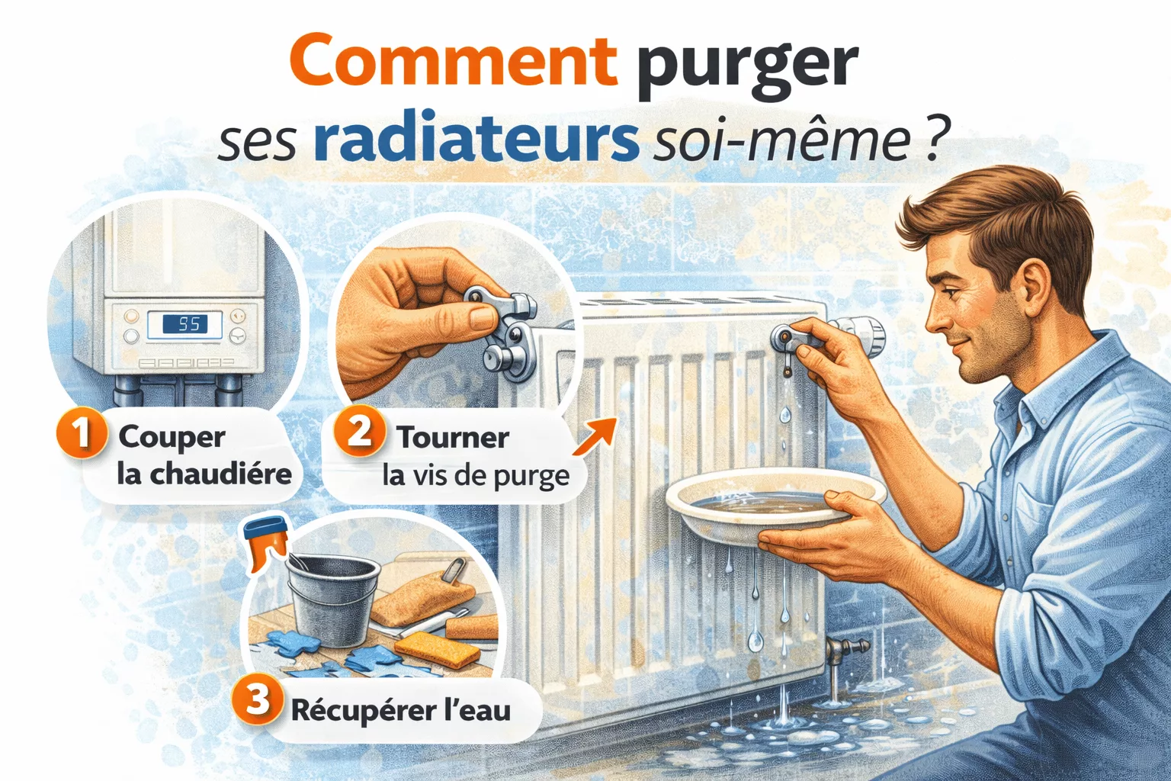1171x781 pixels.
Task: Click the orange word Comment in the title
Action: pos(454,61)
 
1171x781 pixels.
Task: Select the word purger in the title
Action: pos(748,68)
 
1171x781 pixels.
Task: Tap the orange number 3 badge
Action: pos(258,700)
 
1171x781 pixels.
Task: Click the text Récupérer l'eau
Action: pos(400,710)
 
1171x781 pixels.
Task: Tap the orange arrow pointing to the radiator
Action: pos(594,437)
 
